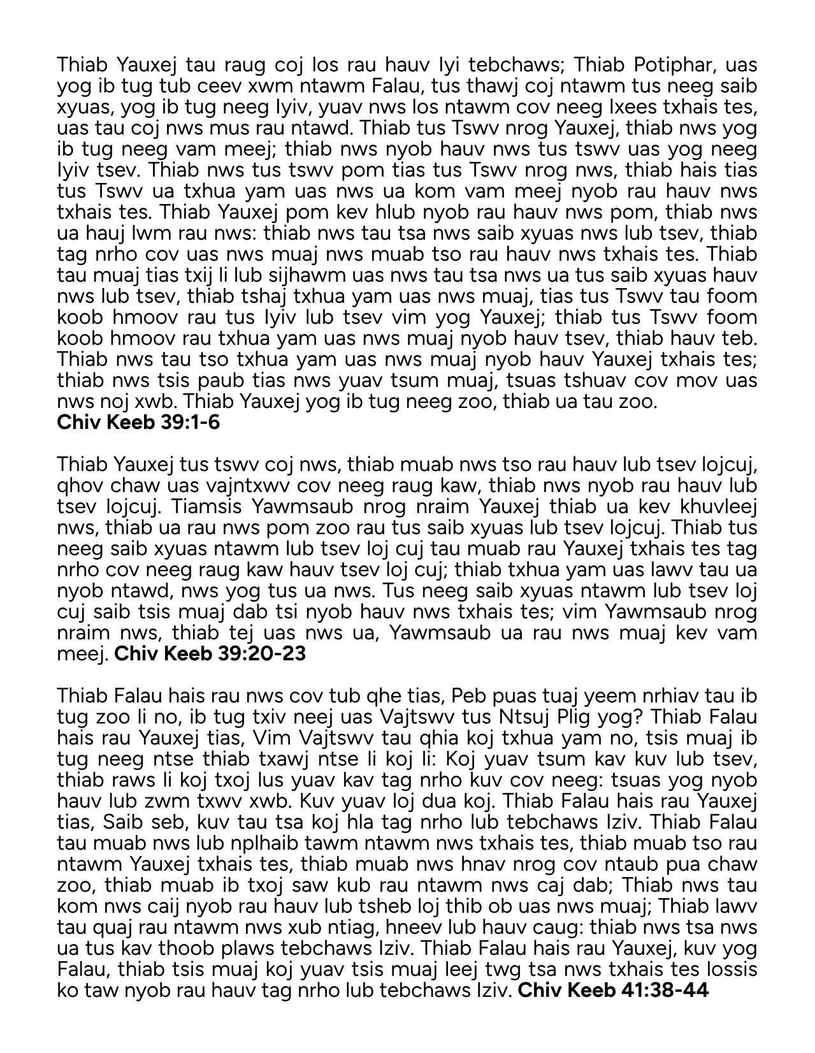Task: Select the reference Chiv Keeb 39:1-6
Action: click(x=138, y=422)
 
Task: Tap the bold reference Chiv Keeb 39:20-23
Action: click(x=210, y=654)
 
